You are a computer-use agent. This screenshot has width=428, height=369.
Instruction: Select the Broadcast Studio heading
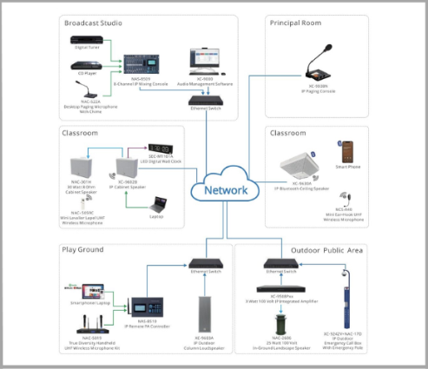[x=94, y=23]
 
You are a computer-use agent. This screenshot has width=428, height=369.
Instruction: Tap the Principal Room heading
[x=299, y=23]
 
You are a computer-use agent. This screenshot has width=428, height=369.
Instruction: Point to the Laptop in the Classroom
[x=159, y=204]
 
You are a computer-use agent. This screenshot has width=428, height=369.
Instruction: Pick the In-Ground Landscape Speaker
[x=280, y=323]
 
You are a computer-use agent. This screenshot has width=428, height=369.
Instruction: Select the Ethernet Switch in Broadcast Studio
[x=206, y=100]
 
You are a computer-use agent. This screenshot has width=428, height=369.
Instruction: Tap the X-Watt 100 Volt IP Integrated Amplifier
[x=280, y=288]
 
